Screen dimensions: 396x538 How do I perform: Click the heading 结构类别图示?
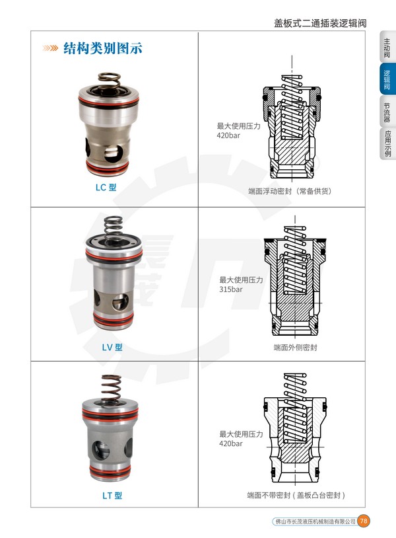pos(103,48)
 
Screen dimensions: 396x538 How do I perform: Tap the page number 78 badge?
pos(364,521)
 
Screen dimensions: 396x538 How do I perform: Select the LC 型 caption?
pos(106,187)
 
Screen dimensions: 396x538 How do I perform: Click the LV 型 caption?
pos(112,347)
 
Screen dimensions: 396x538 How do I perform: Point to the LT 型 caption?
pos(112,496)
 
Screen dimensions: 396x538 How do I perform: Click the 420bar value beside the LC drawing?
pos(228,135)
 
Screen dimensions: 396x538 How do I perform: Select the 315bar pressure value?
pos(231,289)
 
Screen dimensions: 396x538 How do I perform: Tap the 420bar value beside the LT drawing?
pos(231,443)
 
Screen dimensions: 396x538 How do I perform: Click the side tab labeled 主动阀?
pos(387,48)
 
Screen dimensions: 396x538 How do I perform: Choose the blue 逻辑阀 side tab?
pos(387,79)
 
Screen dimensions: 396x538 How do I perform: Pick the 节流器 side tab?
pos(387,112)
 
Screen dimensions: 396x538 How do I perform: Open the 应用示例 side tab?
pos(387,144)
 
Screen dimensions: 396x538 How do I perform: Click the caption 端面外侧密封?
pos(295,348)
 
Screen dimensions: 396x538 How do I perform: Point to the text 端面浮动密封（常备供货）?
pos(290,191)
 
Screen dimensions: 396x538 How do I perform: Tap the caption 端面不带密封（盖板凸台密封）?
pos(296,495)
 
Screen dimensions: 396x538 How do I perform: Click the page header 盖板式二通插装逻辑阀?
pos(320,23)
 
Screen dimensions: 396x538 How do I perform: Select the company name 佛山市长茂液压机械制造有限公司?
pos(315,521)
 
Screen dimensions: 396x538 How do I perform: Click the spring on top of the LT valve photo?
pos(112,388)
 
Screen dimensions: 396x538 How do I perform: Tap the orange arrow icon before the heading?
pos(50,48)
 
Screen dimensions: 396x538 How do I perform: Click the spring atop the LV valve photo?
pos(113,228)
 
